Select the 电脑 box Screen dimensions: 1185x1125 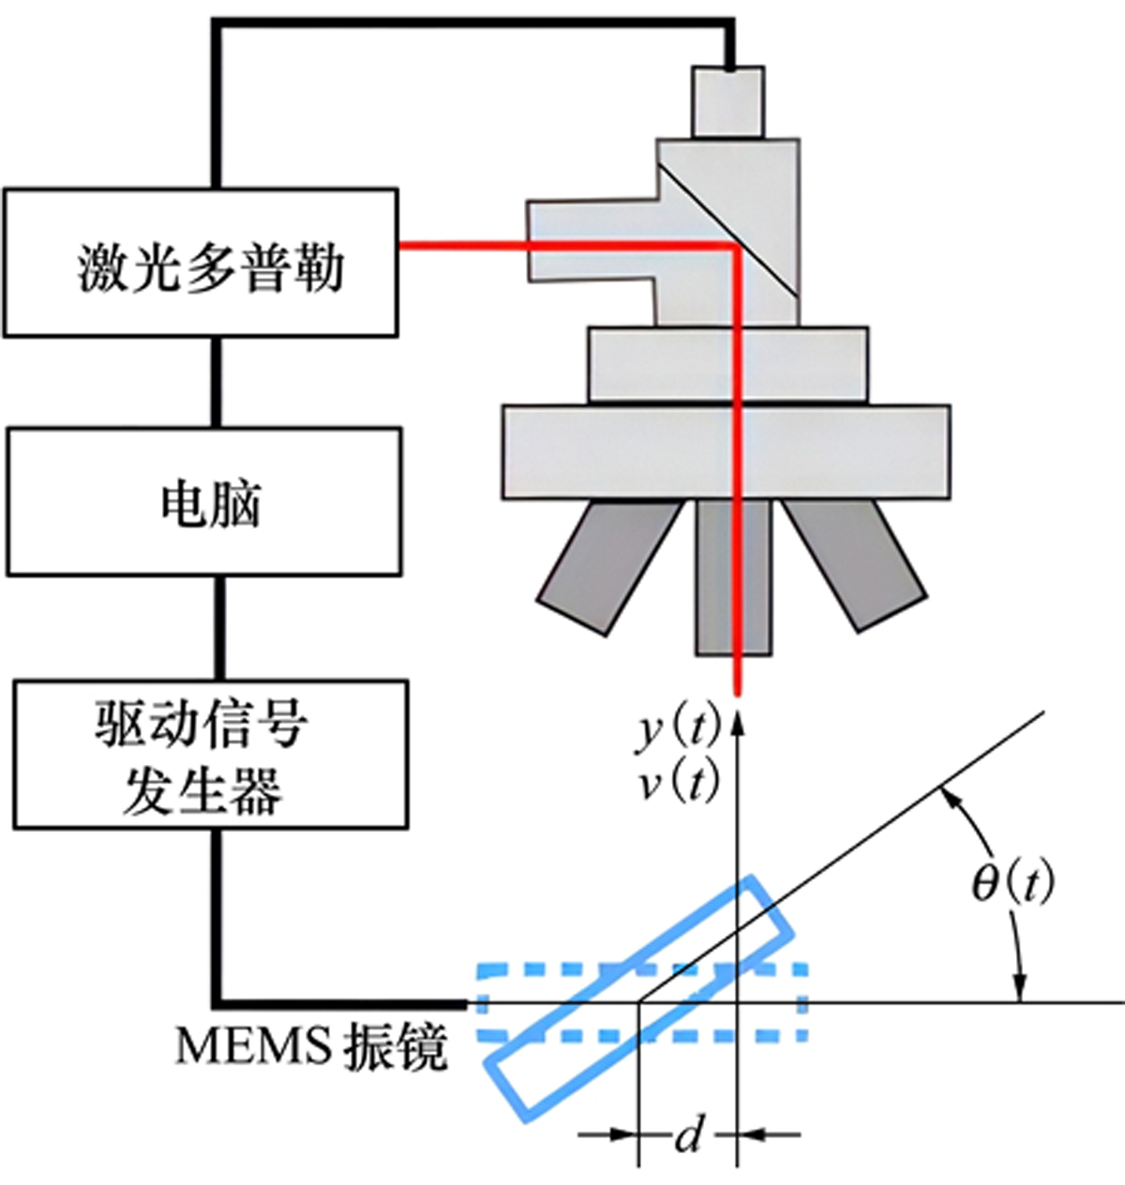coord(204,502)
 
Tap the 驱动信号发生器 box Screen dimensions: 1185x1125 coord(210,755)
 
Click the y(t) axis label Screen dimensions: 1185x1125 coord(678,728)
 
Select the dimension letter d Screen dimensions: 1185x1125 coord(688,1136)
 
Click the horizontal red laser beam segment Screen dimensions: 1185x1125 coord(562,246)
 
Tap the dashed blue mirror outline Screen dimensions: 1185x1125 coord(525,968)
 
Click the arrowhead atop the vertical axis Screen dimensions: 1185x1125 coord(738,720)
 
